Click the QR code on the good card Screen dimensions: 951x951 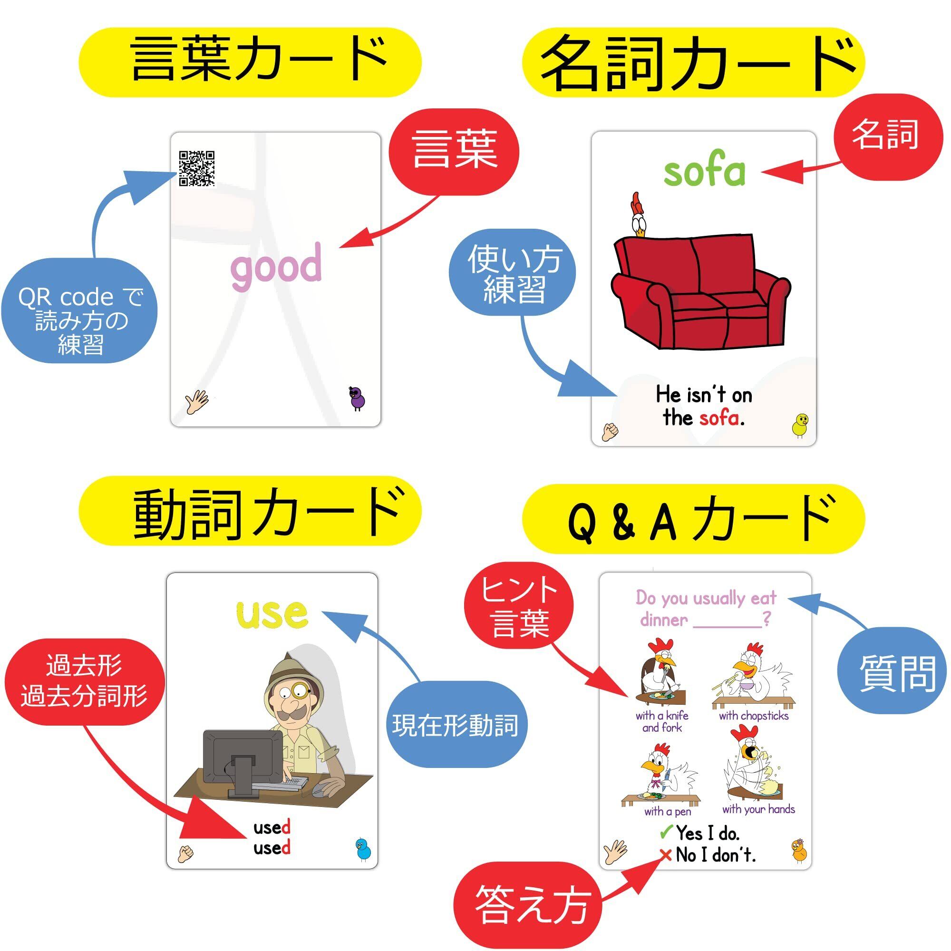click(x=196, y=168)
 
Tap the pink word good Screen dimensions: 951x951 click(x=276, y=266)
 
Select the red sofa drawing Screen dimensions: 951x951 click(x=700, y=291)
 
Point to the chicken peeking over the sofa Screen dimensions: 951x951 click(x=639, y=215)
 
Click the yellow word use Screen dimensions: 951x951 click(x=272, y=614)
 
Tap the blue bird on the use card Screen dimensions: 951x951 click(x=363, y=850)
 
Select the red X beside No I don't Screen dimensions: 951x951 click(x=666, y=855)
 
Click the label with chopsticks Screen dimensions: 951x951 click(x=754, y=716)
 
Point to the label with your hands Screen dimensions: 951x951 click(x=758, y=809)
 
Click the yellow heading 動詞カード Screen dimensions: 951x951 click(x=251, y=516)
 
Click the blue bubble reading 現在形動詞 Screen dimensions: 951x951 click(x=456, y=725)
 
